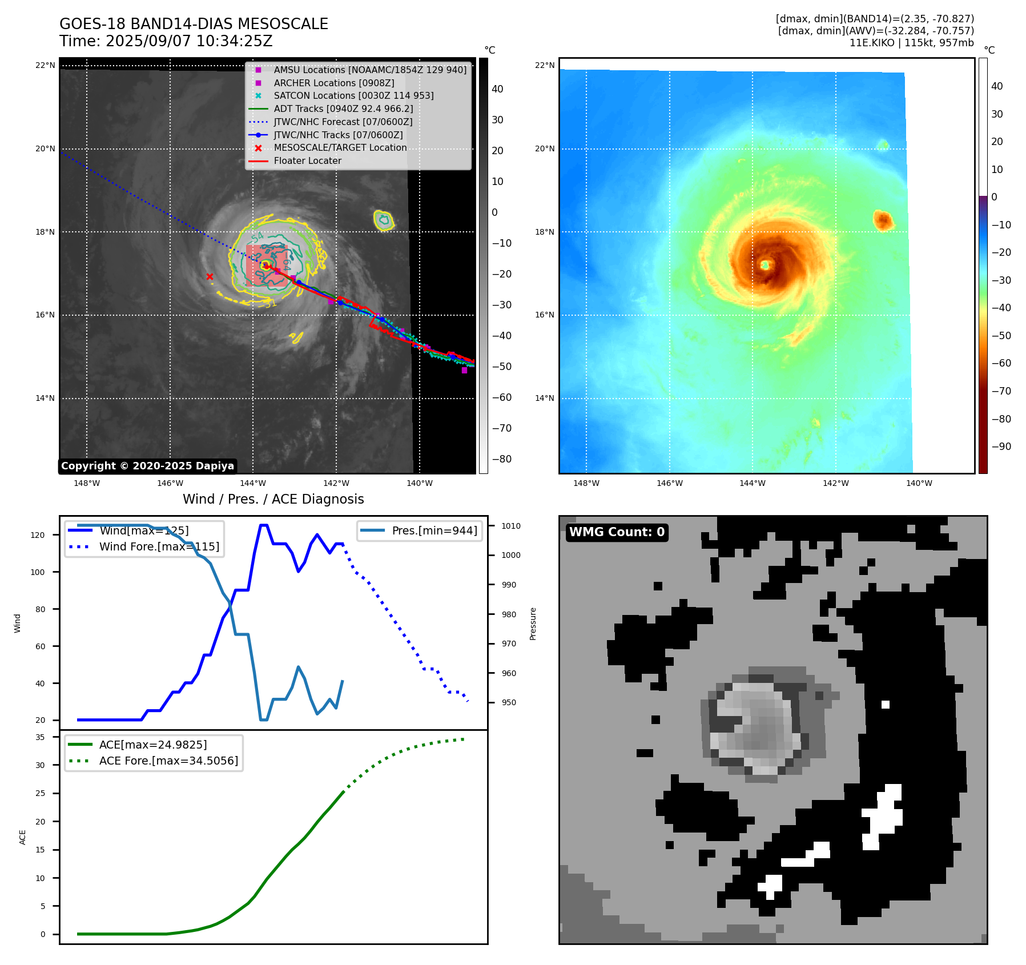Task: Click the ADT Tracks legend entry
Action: click(x=343, y=108)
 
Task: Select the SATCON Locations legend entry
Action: click(x=353, y=95)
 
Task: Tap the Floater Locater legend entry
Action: click(x=307, y=160)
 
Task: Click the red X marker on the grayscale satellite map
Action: click(x=210, y=277)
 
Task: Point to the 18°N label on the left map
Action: click(x=45, y=232)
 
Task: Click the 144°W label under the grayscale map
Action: click(x=253, y=483)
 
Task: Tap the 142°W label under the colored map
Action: click(x=835, y=483)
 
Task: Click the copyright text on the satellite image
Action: click(x=147, y=466)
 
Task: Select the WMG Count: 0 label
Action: click(x=617, y=532)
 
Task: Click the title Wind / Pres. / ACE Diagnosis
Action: click(x=273, y=499)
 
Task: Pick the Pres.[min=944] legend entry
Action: click(x=434, y=530)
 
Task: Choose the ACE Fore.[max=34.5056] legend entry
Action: click(x=168, y=761)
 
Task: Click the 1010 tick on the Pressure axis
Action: click(x=511, y=526)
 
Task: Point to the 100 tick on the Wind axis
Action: click(x=38, y=572)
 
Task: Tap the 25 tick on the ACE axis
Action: click(x=40, y=793)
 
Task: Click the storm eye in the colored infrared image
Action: click(x=765, y=264)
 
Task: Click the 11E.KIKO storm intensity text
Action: click(x=911, y=43)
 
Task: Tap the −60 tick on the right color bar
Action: click(x=1001, y=363)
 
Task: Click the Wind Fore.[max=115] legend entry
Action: click(x=159, y=546)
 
